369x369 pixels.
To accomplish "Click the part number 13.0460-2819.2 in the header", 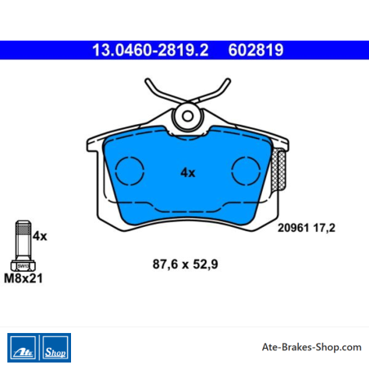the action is point(150,50).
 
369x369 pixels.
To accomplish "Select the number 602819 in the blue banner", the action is point(256,50).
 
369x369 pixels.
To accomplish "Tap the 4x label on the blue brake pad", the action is point(188,172).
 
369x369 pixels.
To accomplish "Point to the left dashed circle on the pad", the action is point(130,157).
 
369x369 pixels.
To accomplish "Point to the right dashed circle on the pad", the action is point(246,157).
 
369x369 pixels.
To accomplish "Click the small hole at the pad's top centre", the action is point(188,116).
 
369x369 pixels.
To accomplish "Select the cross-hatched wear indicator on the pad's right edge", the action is point(278,170).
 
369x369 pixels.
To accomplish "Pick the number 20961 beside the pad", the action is point(293,228).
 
